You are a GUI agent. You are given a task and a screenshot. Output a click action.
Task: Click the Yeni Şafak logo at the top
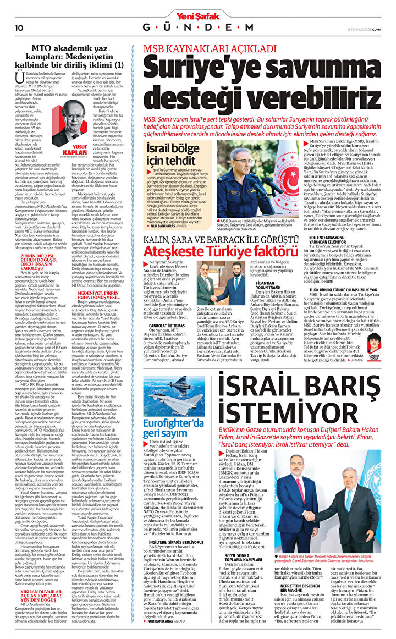click(198, 7)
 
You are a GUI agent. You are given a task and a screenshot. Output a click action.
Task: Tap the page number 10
click(18, 27)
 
